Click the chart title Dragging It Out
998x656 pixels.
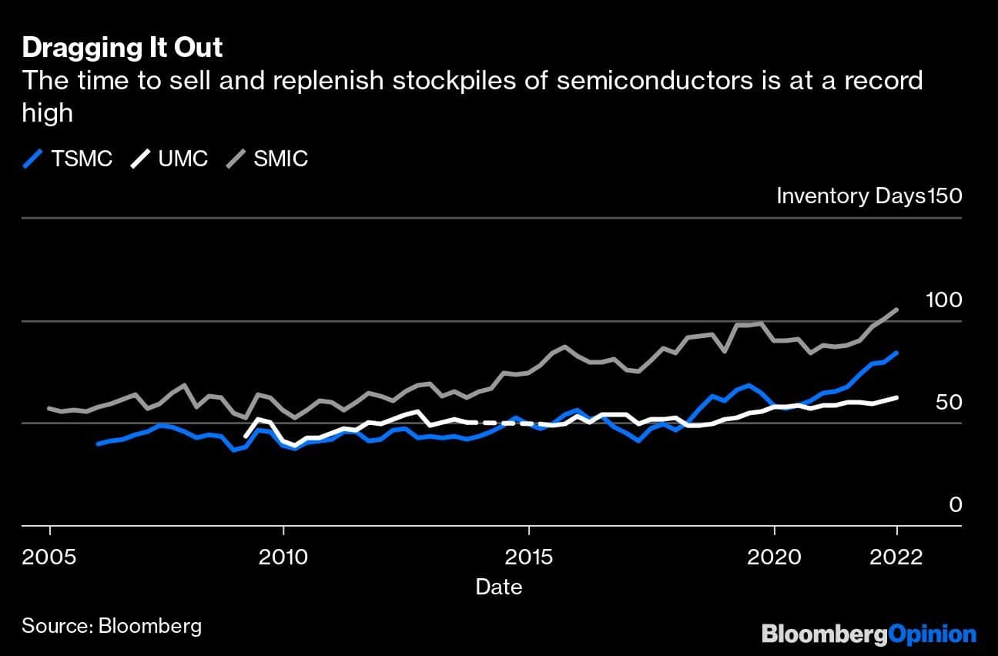point(122,48)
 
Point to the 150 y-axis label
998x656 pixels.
point(944,196)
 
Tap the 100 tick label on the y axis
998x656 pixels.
point(944,300)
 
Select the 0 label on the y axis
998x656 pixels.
point(955,504)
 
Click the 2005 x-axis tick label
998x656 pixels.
point(50,556)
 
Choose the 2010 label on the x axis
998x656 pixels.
point(284,556)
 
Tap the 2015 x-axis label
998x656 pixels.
point(529,556)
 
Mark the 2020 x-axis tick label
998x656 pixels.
point(774,556)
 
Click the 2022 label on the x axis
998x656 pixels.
point(896,556)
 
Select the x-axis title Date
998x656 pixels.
point(499,587)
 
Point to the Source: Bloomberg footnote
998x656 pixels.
point(112,624)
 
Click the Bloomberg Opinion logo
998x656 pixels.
point(869,634)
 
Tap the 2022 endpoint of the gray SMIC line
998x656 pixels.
point(896,310)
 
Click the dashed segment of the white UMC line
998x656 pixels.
point(501,423)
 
